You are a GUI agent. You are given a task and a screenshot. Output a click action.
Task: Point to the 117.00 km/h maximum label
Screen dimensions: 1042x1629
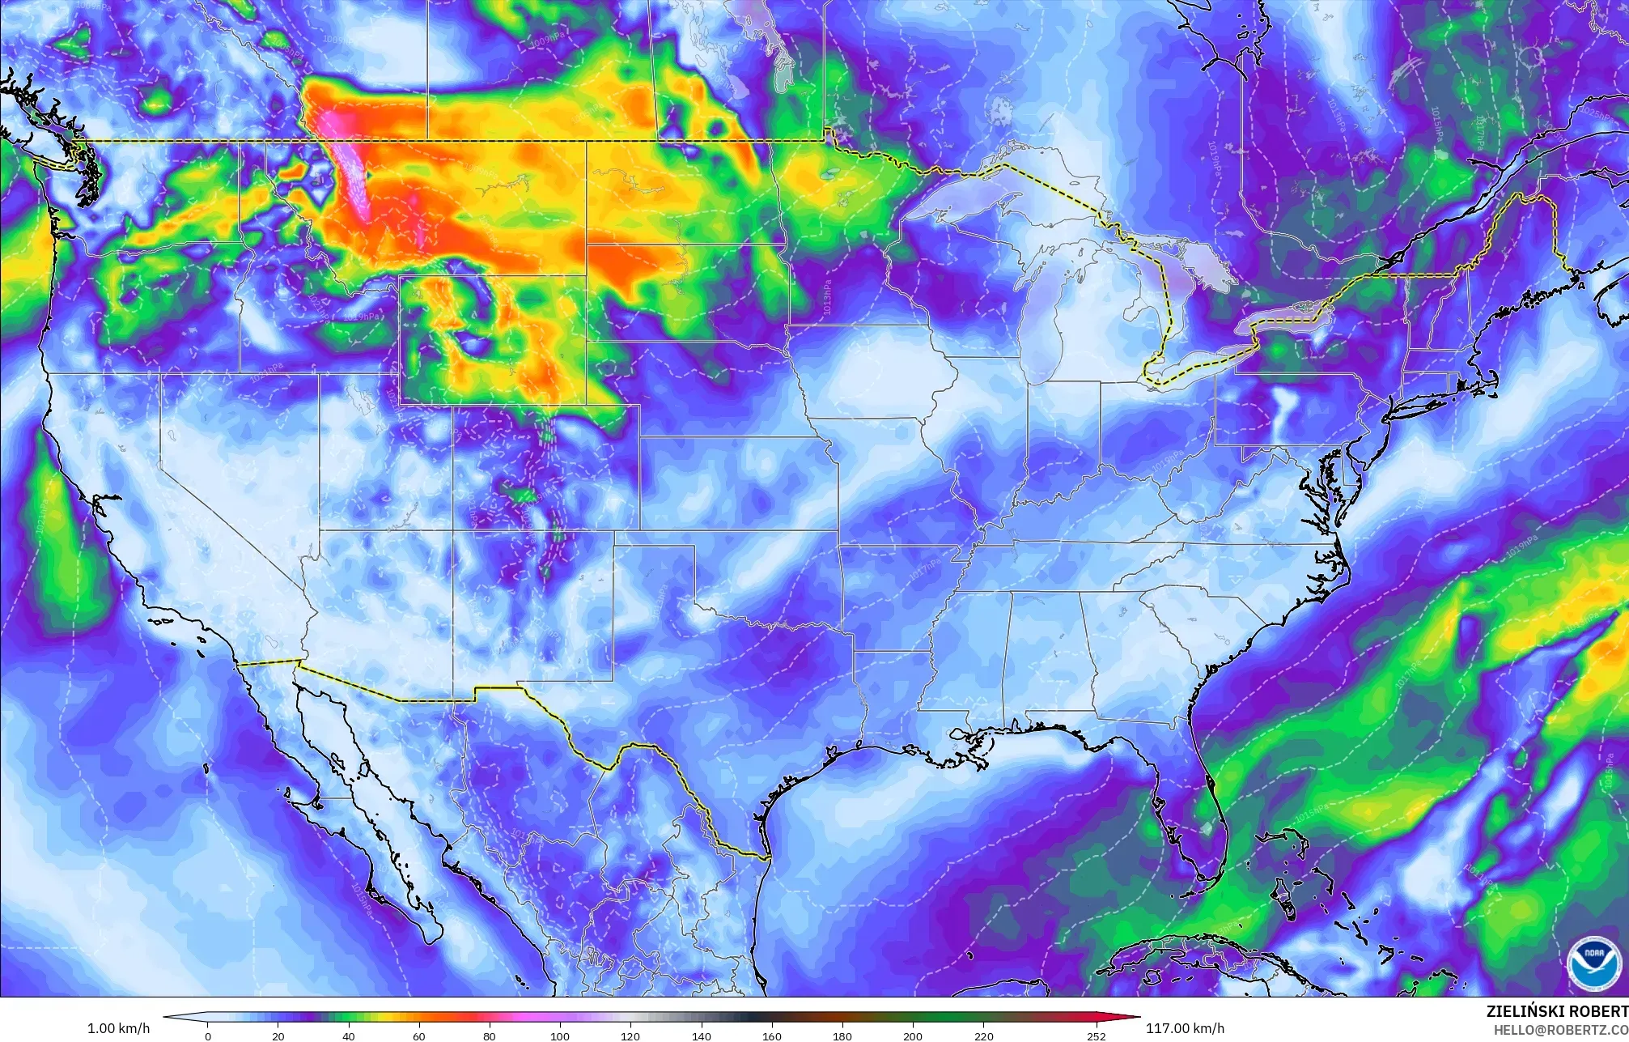(x=1185, y=1028)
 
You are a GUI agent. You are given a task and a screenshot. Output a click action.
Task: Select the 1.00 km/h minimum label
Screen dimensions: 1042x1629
(x=118, y=1028)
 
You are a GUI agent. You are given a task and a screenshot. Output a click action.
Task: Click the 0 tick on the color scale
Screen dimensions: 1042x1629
(x=208, y=1036)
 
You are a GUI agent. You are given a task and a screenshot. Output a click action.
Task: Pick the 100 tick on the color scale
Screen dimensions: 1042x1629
(x=560, y=1036)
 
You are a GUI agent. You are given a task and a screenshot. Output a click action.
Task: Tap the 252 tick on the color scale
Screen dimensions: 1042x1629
(x=1096, y=1036)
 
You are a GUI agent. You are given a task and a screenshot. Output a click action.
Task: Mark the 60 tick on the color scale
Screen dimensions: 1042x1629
(x=419, y=1036)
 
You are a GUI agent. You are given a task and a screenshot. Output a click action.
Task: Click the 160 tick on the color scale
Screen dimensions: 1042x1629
(x=771, y=1036)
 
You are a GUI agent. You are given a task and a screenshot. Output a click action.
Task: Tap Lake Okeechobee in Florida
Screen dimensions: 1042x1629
(x=1207, y=827)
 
